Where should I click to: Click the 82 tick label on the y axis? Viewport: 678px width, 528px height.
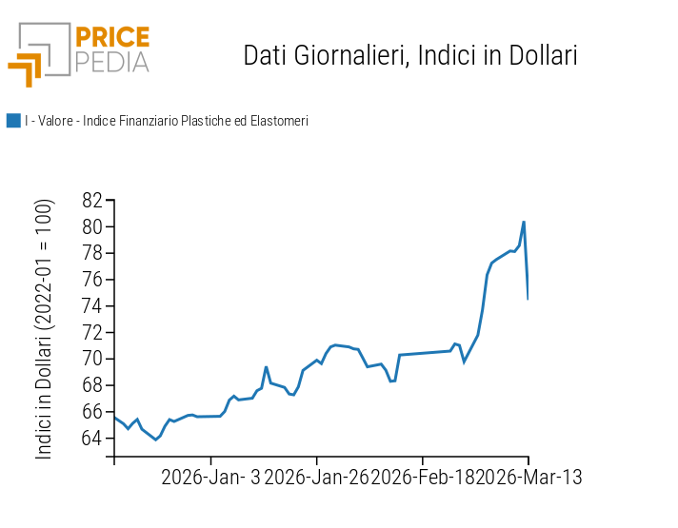[x=91, y=200]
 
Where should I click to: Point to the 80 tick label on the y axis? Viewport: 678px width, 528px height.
[x=91, y=226]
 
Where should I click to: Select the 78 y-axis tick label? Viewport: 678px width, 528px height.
[x=91, y=253]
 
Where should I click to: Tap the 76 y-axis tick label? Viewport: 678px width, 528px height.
[x=91, y=280]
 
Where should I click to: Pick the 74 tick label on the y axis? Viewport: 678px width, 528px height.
[x=91, y=305]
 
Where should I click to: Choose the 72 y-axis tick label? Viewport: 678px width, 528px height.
[x=91, y=332]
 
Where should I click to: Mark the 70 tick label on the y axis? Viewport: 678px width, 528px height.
[x=91, y=359]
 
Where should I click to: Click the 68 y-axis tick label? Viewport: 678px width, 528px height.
[x=91, y=385]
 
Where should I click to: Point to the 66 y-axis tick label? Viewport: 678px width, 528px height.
[x=91, y=412]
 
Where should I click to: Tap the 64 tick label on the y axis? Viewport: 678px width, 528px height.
[x=91, y=438]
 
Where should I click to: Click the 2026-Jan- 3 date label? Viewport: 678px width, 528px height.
[x=209, y=477]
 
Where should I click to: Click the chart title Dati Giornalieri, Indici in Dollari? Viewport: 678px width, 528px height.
[x=410, y=55]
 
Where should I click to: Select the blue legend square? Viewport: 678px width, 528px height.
[x=13, y=121]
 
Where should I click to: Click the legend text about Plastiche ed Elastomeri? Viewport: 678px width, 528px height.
[x=167, y=121]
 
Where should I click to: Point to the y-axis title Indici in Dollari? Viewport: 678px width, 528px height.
[x=45, y=329]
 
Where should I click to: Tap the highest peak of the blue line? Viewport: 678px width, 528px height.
[x=524, y=222]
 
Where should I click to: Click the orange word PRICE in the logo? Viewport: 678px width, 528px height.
[x=112, y=38]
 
